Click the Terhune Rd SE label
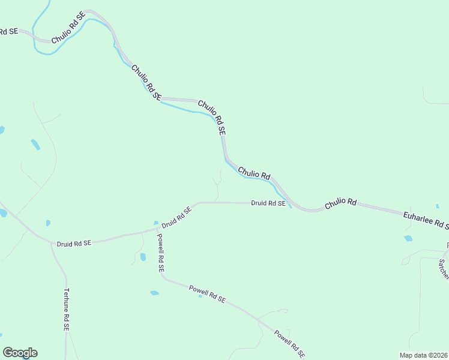click(x=66, y=310)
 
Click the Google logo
click(x=20, y=353)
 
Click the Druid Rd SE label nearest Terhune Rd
click(x=74, y=243)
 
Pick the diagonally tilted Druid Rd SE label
click(x=176, y=217)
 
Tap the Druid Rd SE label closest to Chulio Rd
click(x=268, y=203)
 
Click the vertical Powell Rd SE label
click(x=160, y=253)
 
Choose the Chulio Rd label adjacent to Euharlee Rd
click(x=341, y=204)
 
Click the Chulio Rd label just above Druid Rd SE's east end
click(x=254, y=172)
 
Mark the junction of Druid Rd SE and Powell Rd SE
click(x=157, y=228)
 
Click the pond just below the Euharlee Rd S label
click(x=408, y=238)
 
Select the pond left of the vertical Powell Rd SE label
click(x=143, y=257)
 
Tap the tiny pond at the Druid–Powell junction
click(x=155, y=223)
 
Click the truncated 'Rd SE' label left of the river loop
click(x=8, y=32)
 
